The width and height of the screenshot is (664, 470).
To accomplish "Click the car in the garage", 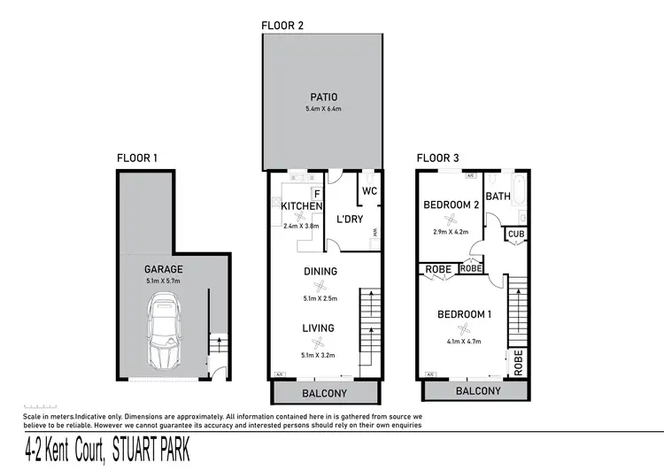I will point(165,333).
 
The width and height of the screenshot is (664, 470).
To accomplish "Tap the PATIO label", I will point(323,96).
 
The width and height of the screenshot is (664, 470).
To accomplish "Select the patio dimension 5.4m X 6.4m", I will point(323,109).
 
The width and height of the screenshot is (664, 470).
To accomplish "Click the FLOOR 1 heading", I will point(136,158).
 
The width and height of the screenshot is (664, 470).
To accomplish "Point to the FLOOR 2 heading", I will point(282,26).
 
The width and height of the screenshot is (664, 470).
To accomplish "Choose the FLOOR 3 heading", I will point(437,158).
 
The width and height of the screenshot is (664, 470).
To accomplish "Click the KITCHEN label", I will point(301,206).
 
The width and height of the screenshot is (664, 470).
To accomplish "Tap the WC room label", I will point(370,190).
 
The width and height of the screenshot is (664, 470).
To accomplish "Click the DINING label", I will point(319,272).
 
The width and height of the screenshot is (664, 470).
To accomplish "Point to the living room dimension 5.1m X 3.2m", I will point(319,342).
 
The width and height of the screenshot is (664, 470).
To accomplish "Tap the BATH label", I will point(498,196).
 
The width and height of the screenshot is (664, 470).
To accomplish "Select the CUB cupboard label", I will point(513,235).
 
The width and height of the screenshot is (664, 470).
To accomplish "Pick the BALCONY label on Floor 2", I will point(323,394).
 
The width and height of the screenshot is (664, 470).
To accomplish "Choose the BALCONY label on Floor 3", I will point(478,391).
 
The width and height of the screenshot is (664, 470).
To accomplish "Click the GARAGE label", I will point(164,269).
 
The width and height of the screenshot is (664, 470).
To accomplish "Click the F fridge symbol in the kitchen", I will point(316,194).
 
